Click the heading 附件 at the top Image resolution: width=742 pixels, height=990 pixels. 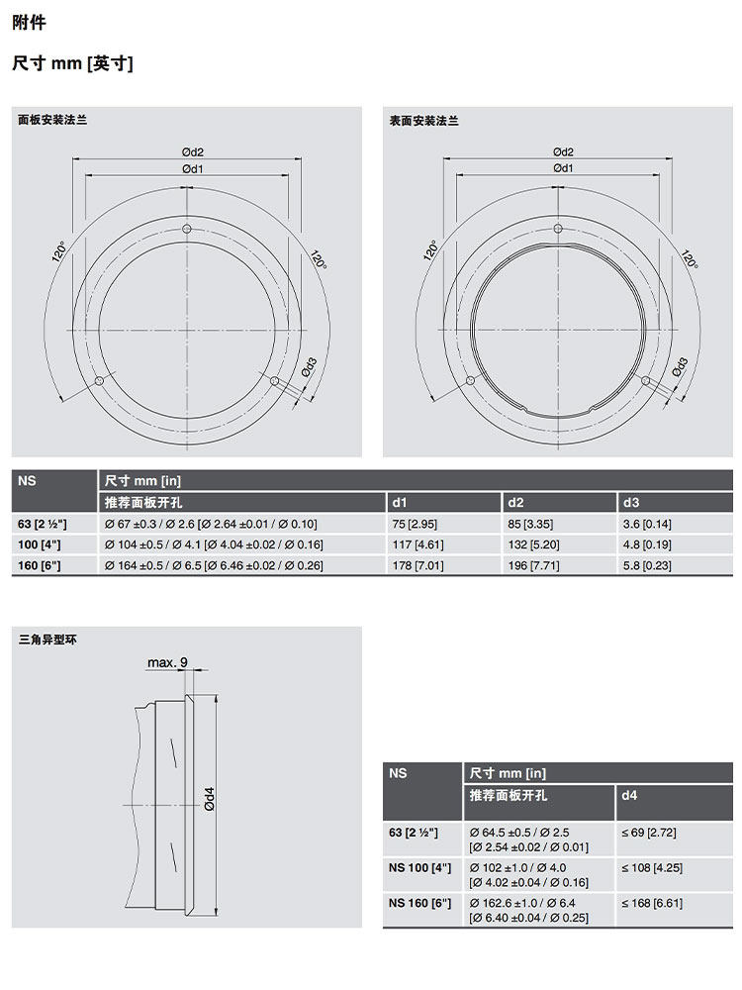[29, 24]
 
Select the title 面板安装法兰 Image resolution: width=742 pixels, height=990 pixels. [52, 120]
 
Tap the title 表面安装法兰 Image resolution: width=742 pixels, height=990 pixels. [423, 121]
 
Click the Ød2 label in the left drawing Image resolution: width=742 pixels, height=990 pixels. [193, 152]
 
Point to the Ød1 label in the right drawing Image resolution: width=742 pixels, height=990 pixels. [564, 168]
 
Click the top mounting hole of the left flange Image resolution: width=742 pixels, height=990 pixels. [187, 229]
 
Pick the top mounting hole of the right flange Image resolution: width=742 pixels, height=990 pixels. [558, 229]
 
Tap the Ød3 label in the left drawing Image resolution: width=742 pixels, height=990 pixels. [309, 367]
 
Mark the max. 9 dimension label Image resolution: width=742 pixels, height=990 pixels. [167, 662]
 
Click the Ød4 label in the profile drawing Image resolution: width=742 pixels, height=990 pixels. [210, 799]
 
